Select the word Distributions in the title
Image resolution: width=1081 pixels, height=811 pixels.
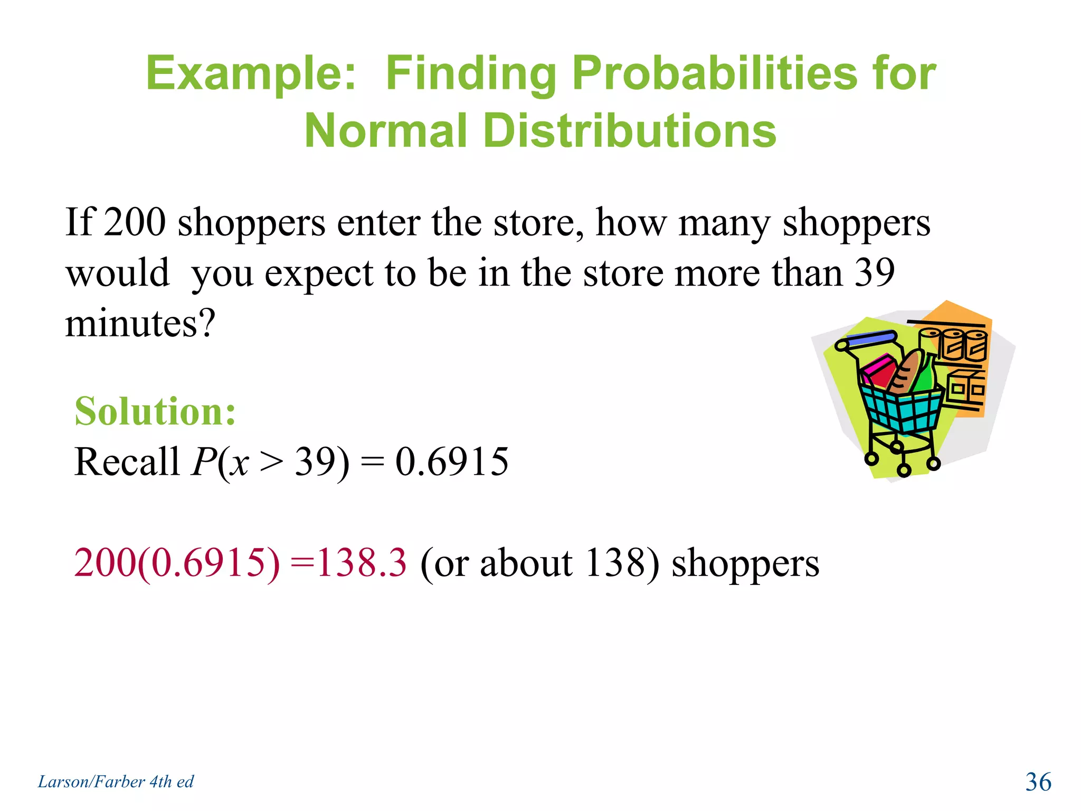[x=629, y=131]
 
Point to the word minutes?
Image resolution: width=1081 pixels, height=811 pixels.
[x=140, y=323]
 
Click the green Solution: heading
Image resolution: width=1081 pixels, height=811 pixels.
[x=155, y=411]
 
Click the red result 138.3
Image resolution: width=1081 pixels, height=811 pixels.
[x=362, y=563]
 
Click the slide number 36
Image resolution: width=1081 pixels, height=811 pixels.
[x=1038, y=782]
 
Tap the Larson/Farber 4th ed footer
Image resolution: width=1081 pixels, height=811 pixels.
[x=116, y=782]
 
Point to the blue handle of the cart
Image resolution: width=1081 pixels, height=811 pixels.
[x=871, y=338]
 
